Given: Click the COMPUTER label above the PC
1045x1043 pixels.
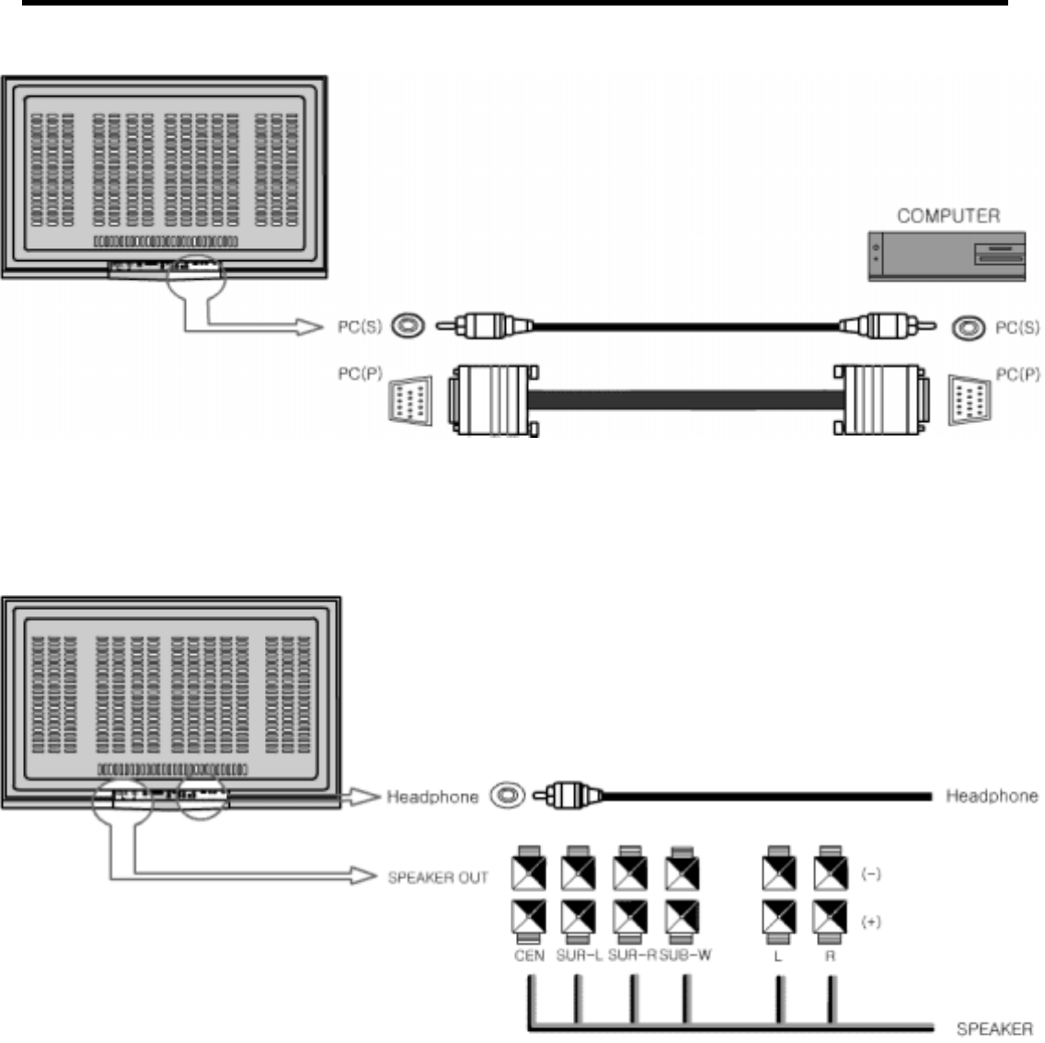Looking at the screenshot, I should [947, 215].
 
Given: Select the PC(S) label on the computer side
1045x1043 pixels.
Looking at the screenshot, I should [1017, 327].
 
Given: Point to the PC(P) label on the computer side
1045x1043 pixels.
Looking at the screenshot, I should [1017, 374].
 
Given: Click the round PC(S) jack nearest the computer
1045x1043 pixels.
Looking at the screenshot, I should [968, 327].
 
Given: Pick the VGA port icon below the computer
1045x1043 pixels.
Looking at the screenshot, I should [968, 400].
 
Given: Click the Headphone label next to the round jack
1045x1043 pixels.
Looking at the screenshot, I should [432, 797].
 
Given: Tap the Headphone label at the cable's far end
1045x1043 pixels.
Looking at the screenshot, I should [992, 796].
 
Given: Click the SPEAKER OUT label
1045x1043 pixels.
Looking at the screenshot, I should [438, 877].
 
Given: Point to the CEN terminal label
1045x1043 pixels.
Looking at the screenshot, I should [529, 956].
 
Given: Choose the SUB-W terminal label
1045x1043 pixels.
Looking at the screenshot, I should [685, 956].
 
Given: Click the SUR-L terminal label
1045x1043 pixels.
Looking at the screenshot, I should [580, 956].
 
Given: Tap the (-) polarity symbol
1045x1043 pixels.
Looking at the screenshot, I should [870, 875].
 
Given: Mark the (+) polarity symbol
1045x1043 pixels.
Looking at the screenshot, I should [870, 922].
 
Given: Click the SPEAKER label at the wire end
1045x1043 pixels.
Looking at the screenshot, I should [994, 1028].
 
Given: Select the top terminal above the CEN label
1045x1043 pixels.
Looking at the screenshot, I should [529, 868].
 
